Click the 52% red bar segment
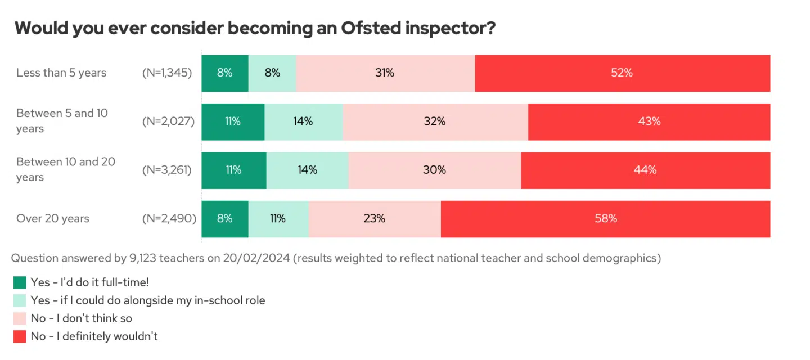pyautogui.click(x=622, y=73)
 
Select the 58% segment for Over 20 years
pyautogui.click(x=605, y=219)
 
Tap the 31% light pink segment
pyautogui.click(x=385, y=73)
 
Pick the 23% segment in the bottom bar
pyautogui.click(x=375, y=219)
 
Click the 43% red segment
pyautogui.click(x=649, y=121)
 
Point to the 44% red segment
pyautogui.click(x=645, y=170)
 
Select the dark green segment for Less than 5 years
pyautogui.click(x=224, y=73)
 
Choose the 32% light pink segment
pyautogui.click(x=435, y=121)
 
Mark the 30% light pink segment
pyautogui.click(x=434, y=170)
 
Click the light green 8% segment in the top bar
pyautogui.click(x=272, y=73)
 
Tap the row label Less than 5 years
pyautogui.click(x=61, y=73)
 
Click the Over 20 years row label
pyautogui.click(x=53, y=219)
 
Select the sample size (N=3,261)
pyautogui.click(x=167, y=170)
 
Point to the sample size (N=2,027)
pyautogui.click(x=169, y=121)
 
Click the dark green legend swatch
pyautogui.click(x=20, y=282)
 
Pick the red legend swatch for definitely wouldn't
pyautogui.click(x=20, y=336)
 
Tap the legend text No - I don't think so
pyautogui.click(x=82, y=318)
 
